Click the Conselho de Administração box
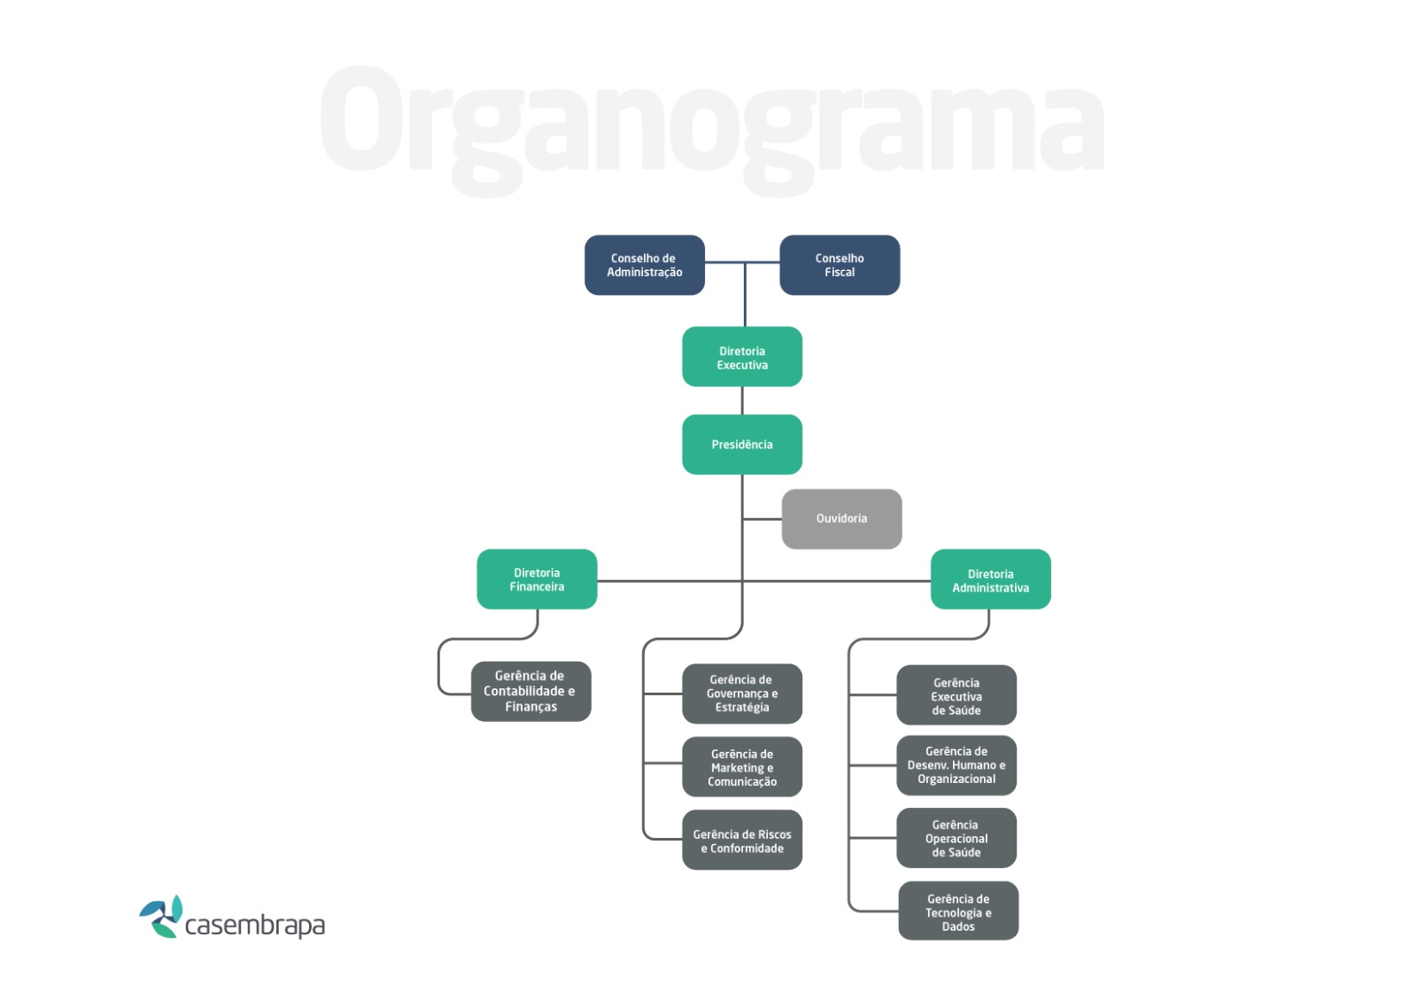coord(645,265)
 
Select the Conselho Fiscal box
coord(840,265)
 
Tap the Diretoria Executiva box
coord(742,357)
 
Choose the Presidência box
coord(742,445)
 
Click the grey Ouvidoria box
coord(842,519)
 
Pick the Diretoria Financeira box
coord(537,579)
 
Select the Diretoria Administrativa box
coord(991,579)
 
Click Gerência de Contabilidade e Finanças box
coord(531,692)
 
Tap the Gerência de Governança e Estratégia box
coord(742,694)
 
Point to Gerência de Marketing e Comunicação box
coord(742,767)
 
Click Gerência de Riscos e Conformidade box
coord(742,841)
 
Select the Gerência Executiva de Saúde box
coord(956,695)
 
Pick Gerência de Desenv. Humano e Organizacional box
coord(956,765)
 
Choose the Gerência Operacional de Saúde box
coord(956,838)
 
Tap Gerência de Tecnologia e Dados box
coord(958,911)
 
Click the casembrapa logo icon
coord(162,916)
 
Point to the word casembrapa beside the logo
coord(255,926)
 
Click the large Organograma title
coord(712,129)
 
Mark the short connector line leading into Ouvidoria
coord(763,519)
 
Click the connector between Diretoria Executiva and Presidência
coord(742,400)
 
